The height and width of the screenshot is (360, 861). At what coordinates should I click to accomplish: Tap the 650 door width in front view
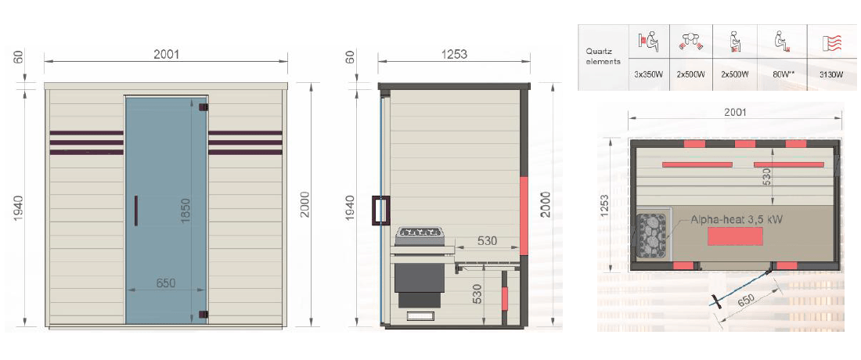(166, 283)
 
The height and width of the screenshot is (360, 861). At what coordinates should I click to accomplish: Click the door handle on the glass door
(135, 211)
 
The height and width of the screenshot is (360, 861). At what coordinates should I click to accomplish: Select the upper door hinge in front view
(204, 107)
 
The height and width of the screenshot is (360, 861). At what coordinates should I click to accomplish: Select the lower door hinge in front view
(204, 315)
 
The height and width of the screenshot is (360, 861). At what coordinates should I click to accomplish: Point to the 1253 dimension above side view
(453, 54)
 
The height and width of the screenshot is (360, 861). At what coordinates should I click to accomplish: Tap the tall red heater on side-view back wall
(524, 215)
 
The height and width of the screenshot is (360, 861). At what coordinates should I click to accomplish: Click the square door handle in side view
(380, 211)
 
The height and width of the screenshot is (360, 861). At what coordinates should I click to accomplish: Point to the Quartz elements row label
(603, 56)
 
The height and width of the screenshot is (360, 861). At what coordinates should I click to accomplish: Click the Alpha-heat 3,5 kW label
(737, 219)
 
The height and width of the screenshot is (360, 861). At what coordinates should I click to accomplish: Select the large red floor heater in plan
(735, 236)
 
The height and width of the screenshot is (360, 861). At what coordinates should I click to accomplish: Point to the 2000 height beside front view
(305, 204)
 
